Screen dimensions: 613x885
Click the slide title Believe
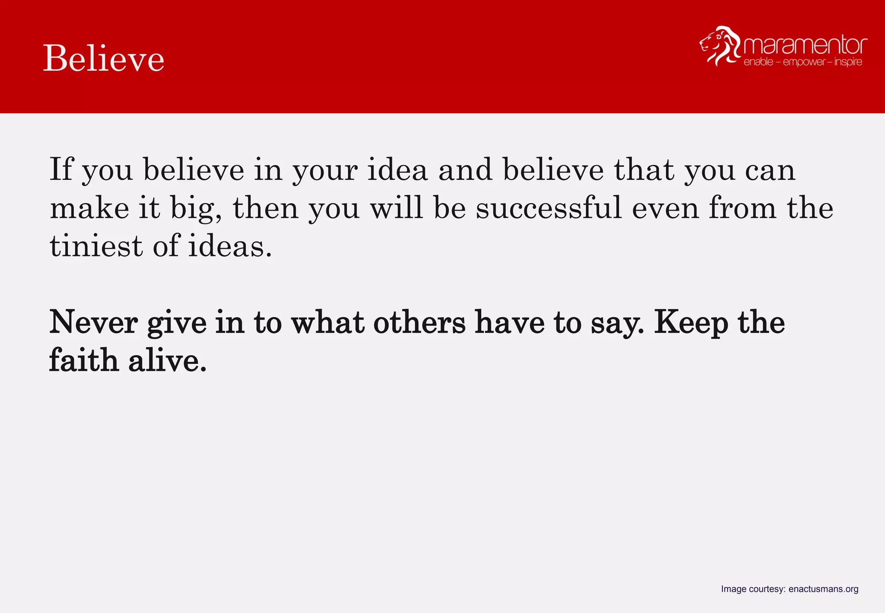pos(104,58)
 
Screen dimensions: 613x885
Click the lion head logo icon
pos(719,45)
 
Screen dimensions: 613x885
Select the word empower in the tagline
pos(804,62)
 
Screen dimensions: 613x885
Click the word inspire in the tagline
pos(848,62)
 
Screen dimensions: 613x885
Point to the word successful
pos(548,208)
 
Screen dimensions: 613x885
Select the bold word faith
pos(83,361)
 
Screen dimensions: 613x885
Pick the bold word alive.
pos(167,361)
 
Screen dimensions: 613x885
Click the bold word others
pos(419,322)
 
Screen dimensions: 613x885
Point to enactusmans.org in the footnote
pos(823,589)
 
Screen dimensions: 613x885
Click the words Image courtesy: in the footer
pos(753,589)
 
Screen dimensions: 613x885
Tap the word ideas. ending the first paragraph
pos(230,246)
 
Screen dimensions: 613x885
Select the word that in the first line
pos(644,169)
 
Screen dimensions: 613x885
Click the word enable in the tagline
pos(758,62)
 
